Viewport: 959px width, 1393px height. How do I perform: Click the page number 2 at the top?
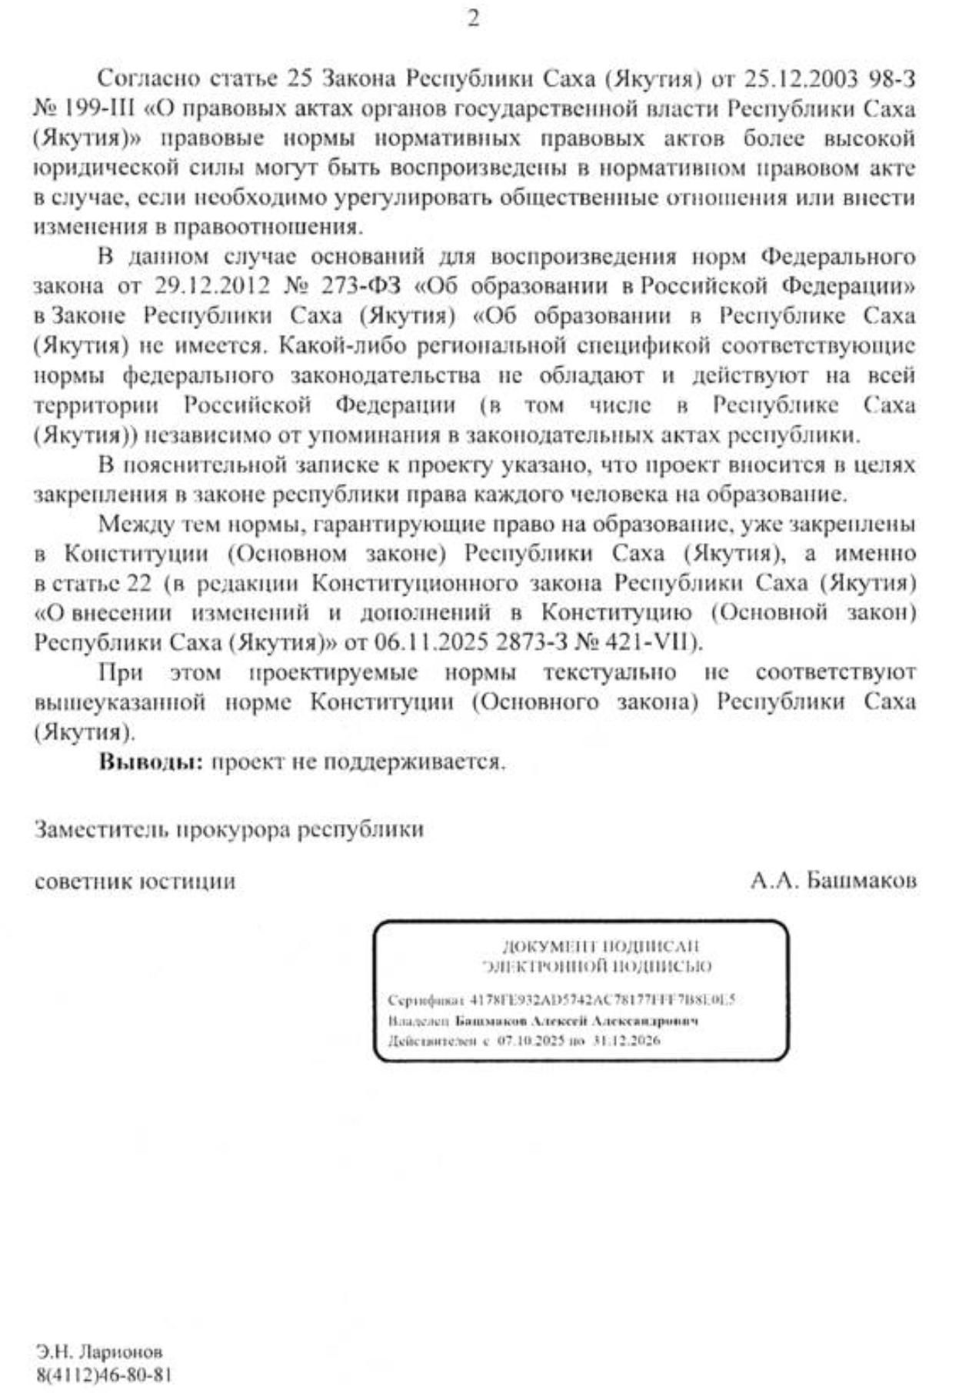point(473,18)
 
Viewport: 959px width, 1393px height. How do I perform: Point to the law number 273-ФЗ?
point(353,287)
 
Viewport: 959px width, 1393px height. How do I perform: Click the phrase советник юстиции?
point(135,881)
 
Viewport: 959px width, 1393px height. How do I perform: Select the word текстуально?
point(609,673)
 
